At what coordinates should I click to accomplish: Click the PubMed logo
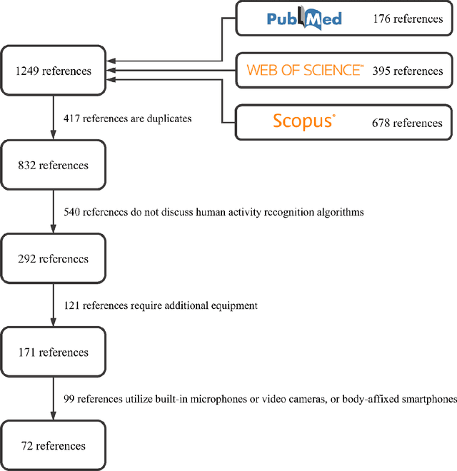(304, 19)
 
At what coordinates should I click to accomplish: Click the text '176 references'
(408, 19)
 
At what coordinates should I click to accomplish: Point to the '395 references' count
(408, 71)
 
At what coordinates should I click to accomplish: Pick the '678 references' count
(408, 123)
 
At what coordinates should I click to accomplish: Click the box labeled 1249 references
(54, 71)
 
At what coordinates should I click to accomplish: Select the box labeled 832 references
(54, 165)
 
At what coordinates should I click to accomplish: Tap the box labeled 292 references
(54, 258)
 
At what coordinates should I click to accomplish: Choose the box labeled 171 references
(54, 353)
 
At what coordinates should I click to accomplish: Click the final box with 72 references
(54, 446)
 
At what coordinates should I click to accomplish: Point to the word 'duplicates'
(168, 118)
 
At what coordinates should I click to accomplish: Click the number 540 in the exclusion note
(72, 212)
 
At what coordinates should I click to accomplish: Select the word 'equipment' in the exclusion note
(233, 305)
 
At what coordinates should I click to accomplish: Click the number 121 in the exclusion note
(72, 305)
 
